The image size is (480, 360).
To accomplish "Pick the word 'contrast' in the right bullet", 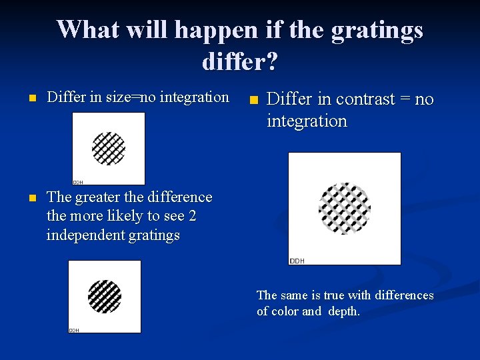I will tap(366, 99).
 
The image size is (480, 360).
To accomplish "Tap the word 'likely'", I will tap(127, 216).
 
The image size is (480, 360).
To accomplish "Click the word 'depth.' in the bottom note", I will tap(342, 311).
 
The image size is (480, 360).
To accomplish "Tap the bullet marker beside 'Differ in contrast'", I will tap(252, 101).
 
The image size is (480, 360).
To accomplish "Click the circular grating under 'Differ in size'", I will tap(109, 148).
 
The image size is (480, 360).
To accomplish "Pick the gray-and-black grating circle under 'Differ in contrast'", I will tap(345, 207).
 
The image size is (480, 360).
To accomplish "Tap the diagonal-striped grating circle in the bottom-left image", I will tap(105, 297).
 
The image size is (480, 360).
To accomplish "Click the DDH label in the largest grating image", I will tap(297, 261).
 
